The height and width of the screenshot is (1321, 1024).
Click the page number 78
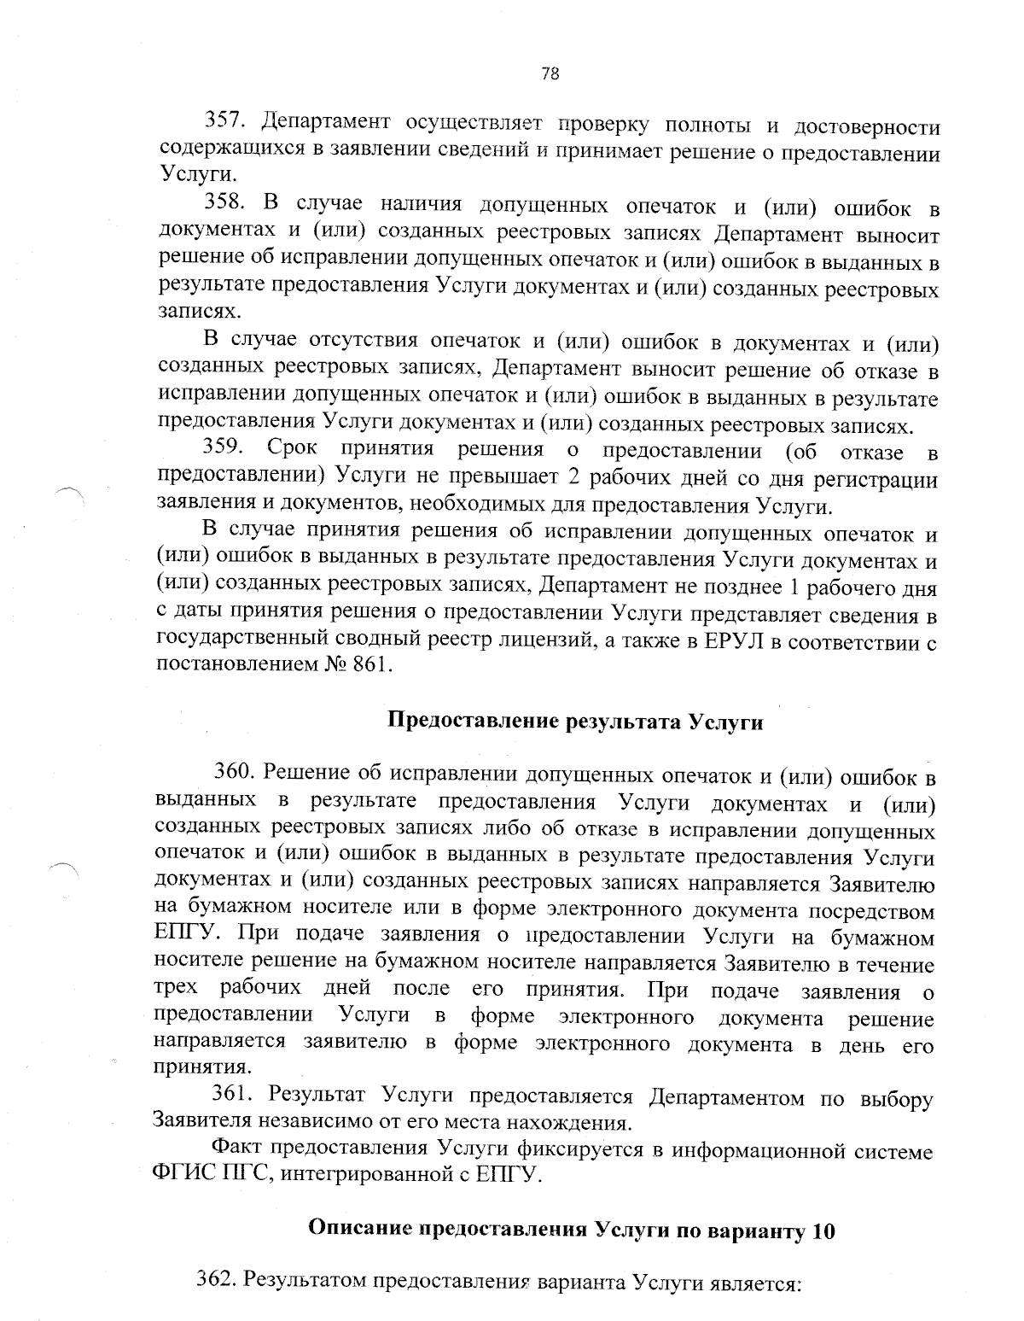550,74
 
